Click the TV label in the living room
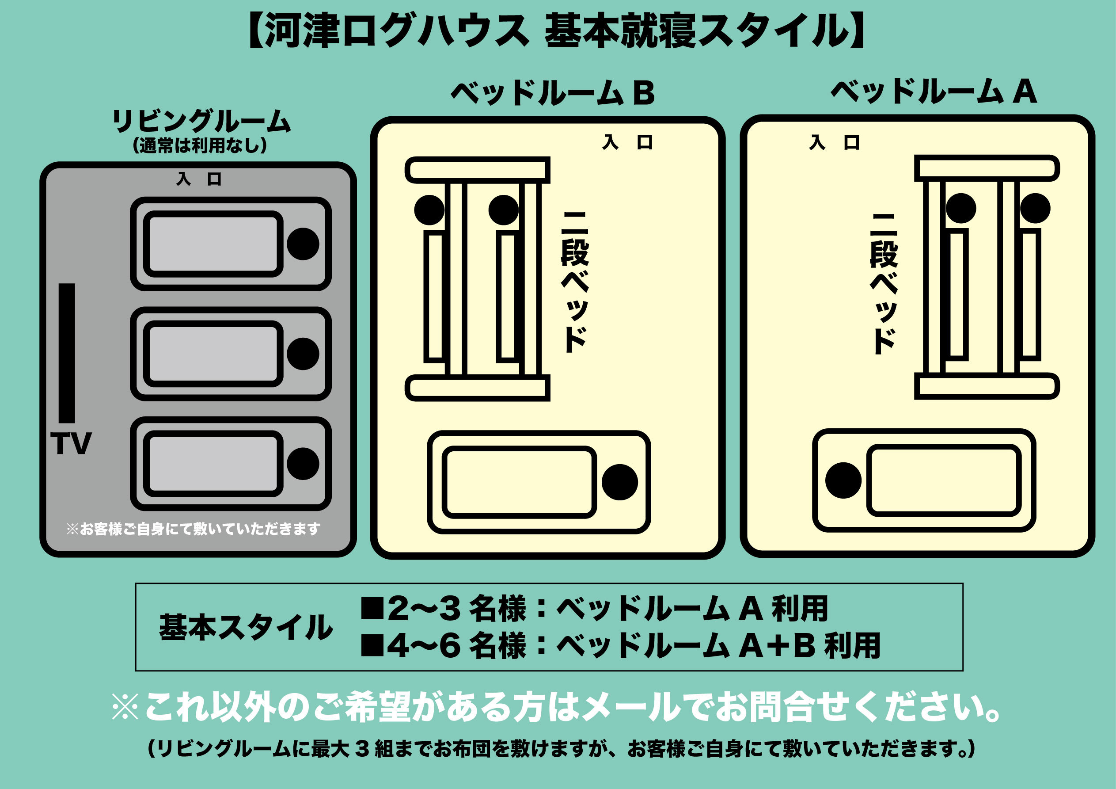[71, 444]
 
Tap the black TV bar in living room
[67, 353]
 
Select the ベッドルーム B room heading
[553, 92]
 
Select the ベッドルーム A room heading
[934, 91]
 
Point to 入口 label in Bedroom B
[627, 142]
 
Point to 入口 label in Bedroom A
[834, 142]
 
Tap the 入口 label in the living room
[199, 179]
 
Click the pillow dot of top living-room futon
[303, 244]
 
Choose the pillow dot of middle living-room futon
[303, 354]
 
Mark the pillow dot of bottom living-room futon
[303, 464]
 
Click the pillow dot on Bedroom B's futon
[620, 482]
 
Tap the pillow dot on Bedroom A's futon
[843, 480]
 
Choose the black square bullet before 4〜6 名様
[372, 645]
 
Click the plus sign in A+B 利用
[778, 646]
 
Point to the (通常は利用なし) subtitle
[200, 145]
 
